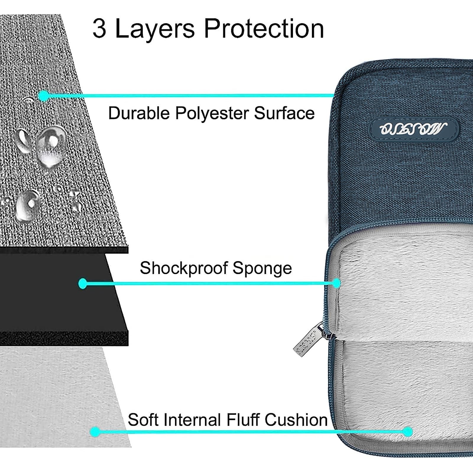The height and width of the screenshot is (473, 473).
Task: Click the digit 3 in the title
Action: tap(99, 29)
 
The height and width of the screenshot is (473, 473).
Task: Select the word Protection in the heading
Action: tap(264, 29)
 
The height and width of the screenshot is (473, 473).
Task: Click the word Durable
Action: tap(139, 113)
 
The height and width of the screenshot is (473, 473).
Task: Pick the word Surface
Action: tap(284, 113)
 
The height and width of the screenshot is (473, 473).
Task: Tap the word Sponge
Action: tap(262, 268)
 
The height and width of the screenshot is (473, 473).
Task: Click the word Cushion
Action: tap(296, 420)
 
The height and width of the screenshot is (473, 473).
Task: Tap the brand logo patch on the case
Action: tap(414, 129)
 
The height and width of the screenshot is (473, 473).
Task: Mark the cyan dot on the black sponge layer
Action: tap(83, 284)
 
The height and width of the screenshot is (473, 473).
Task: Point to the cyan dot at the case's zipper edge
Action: tap(336, 284)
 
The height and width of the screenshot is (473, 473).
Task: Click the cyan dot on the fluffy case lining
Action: tap(408, 432)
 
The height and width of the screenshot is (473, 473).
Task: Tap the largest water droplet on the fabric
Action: tap(51, 145)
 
